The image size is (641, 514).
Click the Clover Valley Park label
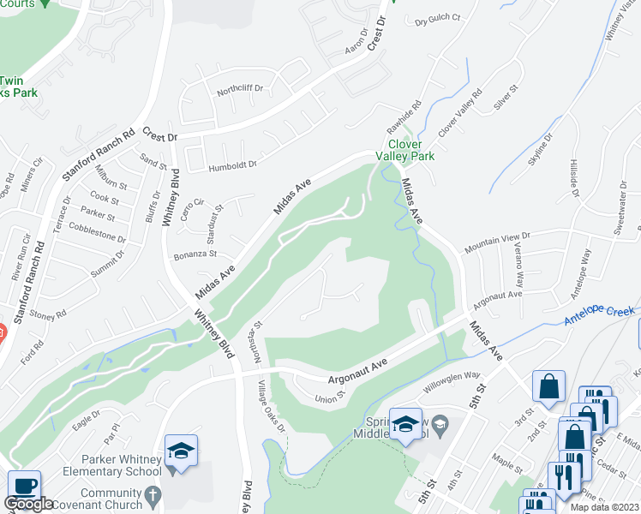pos(410,151)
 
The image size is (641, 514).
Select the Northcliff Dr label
pos(239,88)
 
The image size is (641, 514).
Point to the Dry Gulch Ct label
pos(438,19)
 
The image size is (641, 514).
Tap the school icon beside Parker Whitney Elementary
pos(182,451)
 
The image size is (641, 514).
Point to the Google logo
pos(28,505)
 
